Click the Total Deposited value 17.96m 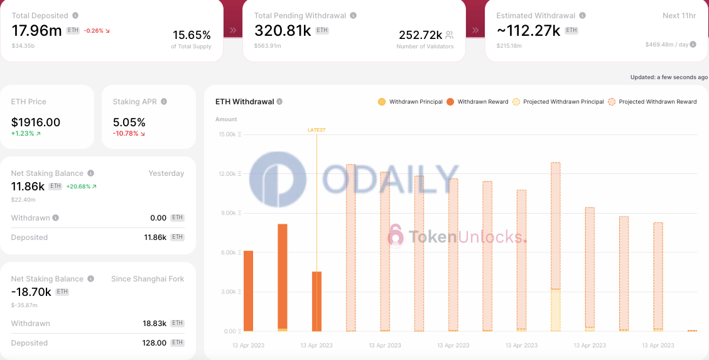point(37,30)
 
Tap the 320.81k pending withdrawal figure point(283,30)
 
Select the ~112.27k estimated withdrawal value point(528,30)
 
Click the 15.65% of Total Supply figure point(192,35)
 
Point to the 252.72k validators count point(421,35)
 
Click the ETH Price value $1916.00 point(36,123)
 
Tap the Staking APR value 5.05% point(129,123)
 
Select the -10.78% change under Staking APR point(126,133)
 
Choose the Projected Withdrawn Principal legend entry point(563,102)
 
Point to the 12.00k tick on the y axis point(227,174)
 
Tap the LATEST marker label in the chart point(317,130)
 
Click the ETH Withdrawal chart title point(244,102)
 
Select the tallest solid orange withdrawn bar point(283,276)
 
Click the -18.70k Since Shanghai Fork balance point(31,292)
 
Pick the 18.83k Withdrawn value point(154,324)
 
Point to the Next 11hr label point(679,16)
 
